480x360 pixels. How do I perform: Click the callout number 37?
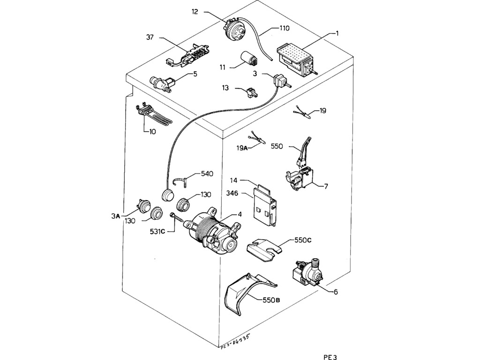click(x=150, y=37)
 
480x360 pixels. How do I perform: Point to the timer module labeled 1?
click(x=296, y=60)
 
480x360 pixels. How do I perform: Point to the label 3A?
click(x=116, y=216)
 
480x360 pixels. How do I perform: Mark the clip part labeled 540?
click(x=182, y=180)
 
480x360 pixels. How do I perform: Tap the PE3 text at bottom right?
click(x=330, y=357)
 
